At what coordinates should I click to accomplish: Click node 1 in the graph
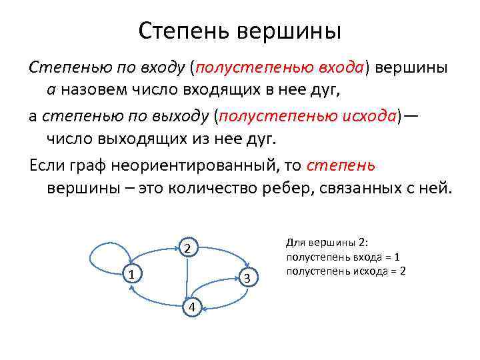pyautogui.click(x=133, y=275)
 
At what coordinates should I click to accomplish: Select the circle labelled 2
pyautogui.click(x=188, y=249)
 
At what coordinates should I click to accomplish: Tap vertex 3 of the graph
pyautogui.click(x=247, y=277)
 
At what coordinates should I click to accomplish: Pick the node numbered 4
pyautogui.click(x=191, y=306)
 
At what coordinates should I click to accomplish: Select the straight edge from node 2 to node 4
pyautogui.click(x=189, y=277)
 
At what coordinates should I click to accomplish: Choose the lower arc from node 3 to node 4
pyautogui.click(x=230, y=300)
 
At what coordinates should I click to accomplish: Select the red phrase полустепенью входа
pyautogui.click(x=279, y=67)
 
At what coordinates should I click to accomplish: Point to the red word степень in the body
pyautogui.click(x=342, y=164)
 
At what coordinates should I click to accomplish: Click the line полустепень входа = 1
pyautogui.click(x=343, y=257)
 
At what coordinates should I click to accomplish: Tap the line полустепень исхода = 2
pyautogui.click(x=345, y=271)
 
